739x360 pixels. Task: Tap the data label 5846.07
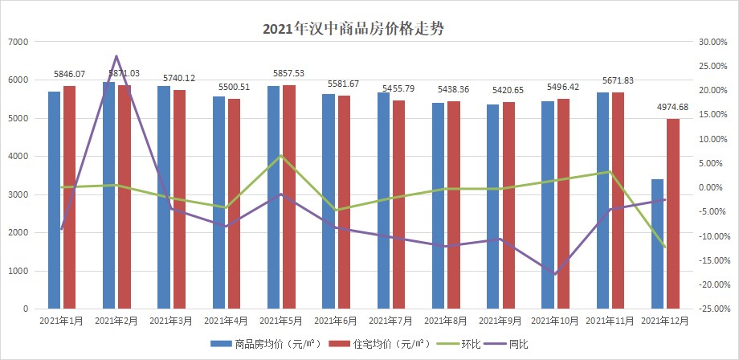coord(69,73)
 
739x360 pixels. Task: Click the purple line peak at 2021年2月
coord(116,56)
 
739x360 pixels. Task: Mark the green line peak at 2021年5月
coord(281,155)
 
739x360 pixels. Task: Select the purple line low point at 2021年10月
coord(555,275)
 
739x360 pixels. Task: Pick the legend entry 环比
coord(462,343)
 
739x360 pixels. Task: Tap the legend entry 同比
coord(519,343)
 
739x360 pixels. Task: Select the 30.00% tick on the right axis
coord(712,42)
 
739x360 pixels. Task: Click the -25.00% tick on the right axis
coord(712,309)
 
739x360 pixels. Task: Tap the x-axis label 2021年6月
coord(336,321)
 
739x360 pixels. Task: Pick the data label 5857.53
coord(288,73)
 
